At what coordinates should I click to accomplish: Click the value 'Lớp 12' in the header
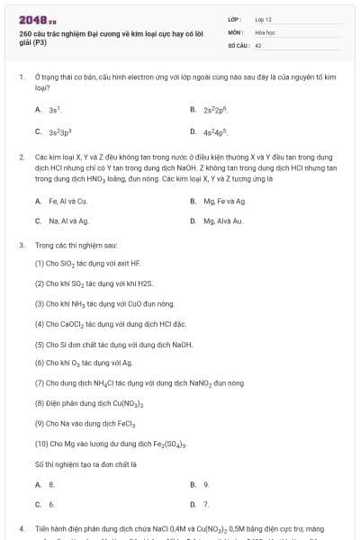tap(263, 18)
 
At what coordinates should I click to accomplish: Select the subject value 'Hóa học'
tap(265, 31)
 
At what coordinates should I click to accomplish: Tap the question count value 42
tap(258, 43)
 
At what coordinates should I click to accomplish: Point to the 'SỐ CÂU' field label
tap(237, 43)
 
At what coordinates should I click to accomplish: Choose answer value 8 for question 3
tap(51, 485)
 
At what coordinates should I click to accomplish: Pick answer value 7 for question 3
tap(206, 505)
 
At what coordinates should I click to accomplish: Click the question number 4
tap(21, 529)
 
